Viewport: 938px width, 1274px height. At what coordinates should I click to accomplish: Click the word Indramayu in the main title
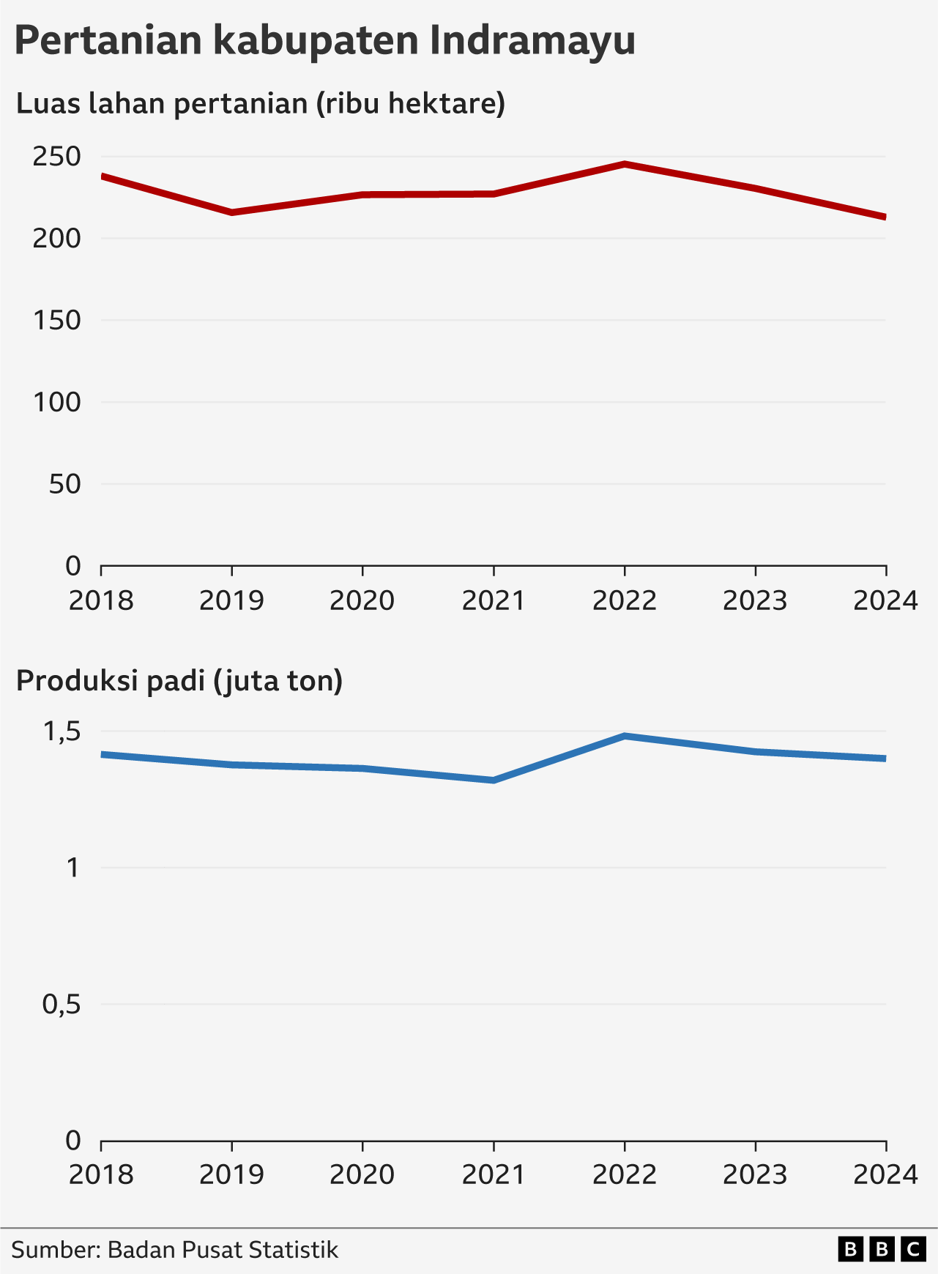(537, 41)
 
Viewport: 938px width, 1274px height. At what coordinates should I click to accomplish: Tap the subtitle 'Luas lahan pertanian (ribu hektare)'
(261, 103)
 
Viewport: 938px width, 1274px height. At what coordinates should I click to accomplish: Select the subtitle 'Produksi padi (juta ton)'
(179, 681)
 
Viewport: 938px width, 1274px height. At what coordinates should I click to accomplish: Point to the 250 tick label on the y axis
(56, 156)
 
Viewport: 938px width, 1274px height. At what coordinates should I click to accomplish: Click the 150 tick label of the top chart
(56, 320)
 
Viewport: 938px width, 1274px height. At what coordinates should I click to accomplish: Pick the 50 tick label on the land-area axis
(64, 484)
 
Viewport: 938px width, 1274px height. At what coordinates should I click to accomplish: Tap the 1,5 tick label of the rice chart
(62, 731)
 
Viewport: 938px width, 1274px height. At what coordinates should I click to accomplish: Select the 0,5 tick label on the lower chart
(62, 1005)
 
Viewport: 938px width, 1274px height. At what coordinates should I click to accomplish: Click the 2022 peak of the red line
(625, 164)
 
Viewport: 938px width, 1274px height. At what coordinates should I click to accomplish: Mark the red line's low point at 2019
(232, 212)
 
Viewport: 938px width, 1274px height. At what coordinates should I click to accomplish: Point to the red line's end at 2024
(885, 217)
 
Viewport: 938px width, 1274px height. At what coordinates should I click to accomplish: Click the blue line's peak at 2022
(625, 736)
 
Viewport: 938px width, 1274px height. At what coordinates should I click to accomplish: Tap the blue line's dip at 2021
(494, 781)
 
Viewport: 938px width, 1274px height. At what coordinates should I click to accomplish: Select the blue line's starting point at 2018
(103, 754)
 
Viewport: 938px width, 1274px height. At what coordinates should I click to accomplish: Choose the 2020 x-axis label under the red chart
(362, 601)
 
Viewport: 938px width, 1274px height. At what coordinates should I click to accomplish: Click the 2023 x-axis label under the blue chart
(755, 1175)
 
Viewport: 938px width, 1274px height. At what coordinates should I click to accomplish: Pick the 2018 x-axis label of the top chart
(102, 601)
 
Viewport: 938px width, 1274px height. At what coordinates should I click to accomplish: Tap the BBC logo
(882, 1249)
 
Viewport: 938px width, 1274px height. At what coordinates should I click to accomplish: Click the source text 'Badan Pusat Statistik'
(223, 1249)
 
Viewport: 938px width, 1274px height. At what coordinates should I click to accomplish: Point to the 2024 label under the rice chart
(885, 1175)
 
